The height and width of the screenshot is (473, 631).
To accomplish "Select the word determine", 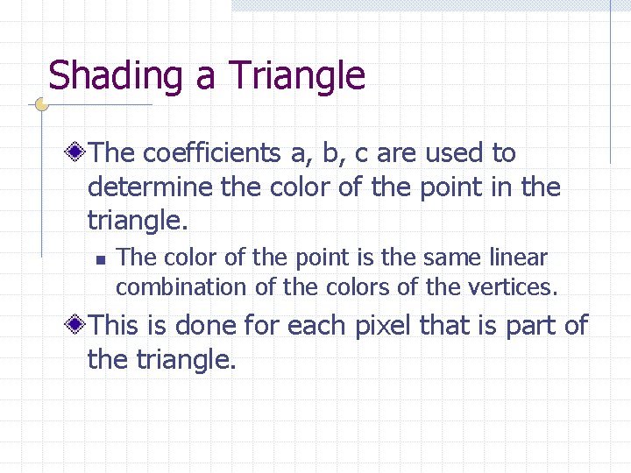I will (x=147, y=187).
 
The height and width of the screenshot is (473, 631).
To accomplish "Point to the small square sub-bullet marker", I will (x=101, y=259).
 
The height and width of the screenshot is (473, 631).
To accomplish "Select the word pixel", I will (x=383, y=326).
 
